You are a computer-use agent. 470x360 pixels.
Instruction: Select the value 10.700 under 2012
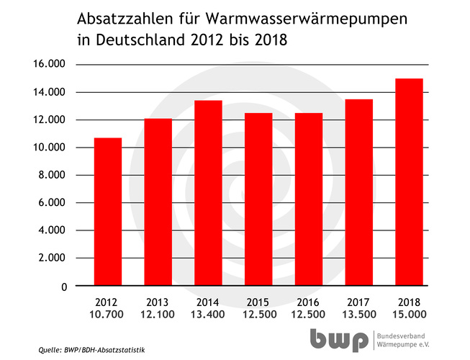click(x=108, y=315)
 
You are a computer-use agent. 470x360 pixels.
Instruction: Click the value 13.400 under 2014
click(x=208, y=315)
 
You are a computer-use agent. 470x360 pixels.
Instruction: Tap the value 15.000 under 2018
click(x=409, y=315)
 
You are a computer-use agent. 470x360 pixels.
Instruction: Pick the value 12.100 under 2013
click(x=158, y=315)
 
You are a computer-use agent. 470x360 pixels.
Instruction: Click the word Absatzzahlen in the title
click(x=122, y=17)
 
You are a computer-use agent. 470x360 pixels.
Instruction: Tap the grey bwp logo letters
click(x=340, y=339)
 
